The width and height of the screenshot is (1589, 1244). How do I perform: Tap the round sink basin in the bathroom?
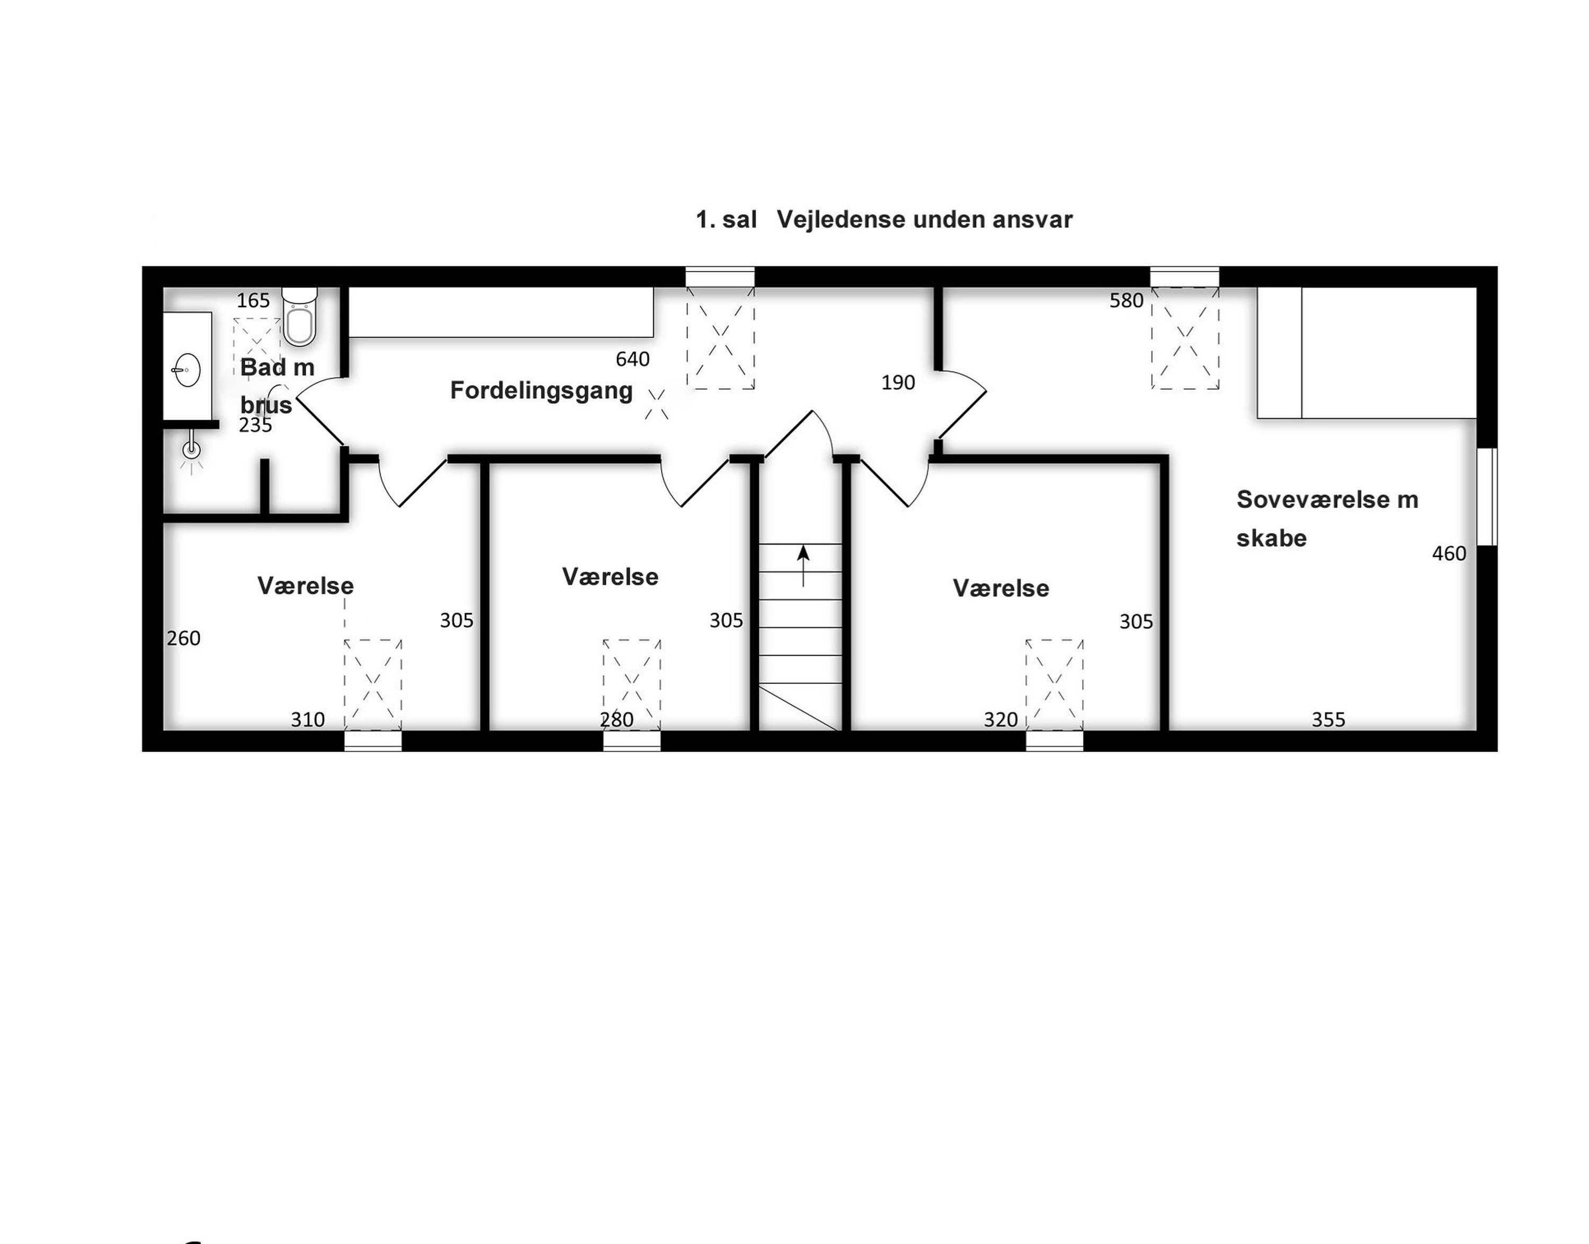click(x=188, y=370)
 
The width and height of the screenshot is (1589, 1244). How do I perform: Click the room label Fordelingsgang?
click(x=541, y=390)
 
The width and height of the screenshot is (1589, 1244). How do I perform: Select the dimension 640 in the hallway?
click(x=632, y=359)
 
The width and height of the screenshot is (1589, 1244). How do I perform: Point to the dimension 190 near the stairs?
click(x=898, y=382)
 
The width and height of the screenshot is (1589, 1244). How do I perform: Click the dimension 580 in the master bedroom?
click(x=1127, y=300)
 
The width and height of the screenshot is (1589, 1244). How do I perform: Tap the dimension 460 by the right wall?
click(x=1449, y=554)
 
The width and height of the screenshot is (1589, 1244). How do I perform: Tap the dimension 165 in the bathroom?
click(x=254, y=300)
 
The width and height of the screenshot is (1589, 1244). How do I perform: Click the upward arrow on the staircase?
click(x=803, y=566)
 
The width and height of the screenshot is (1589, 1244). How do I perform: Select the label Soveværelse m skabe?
click(x=1327, y=519)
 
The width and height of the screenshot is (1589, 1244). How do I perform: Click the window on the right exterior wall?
click(x=1487, y=496)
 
